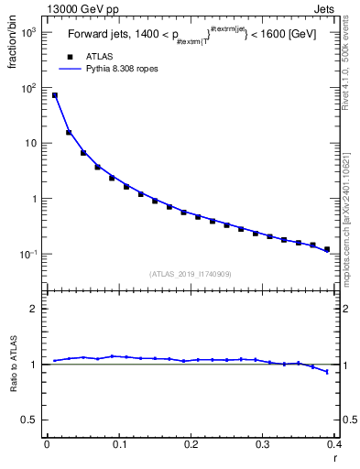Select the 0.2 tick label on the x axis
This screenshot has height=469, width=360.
coord(191,445)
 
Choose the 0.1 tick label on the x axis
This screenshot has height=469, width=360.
coord(118,445)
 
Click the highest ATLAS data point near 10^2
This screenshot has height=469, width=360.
coord(54,95)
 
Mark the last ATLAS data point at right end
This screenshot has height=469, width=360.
coord(327,249)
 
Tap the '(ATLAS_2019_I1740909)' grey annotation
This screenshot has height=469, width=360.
coord(191,274)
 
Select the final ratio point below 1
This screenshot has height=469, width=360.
coord(327,371)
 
